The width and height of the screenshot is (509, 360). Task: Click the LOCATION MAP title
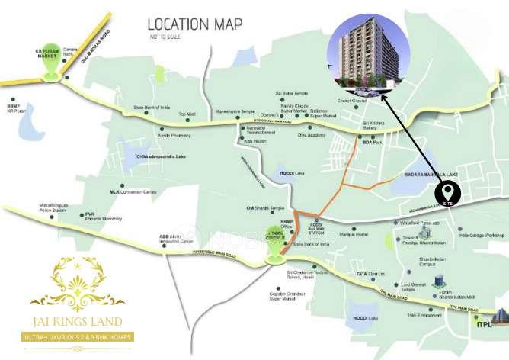(194, 24)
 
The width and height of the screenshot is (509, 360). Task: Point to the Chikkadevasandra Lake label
(161, 156)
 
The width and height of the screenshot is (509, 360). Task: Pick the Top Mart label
(187, 114)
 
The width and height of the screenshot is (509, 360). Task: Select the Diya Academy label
(312, 135)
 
